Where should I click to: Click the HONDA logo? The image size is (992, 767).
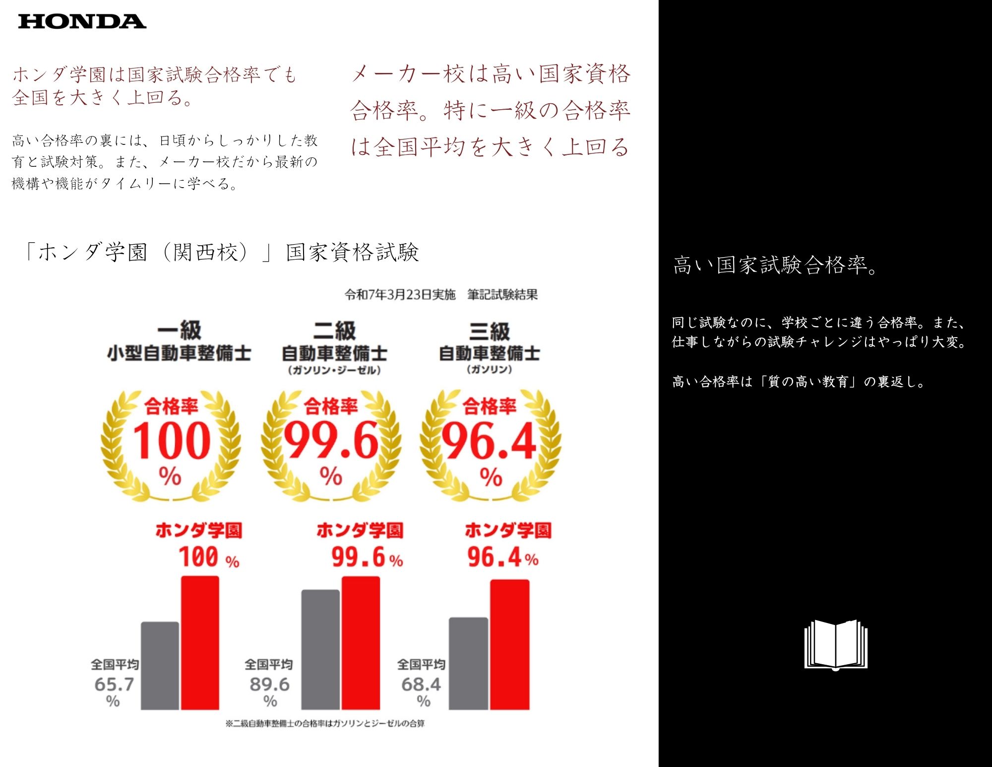click(82, 21)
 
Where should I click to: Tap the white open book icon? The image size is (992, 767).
click(836, 644)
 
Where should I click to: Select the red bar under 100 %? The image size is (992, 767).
click(200, 643)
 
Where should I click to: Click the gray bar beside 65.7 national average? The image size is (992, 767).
click(160, 665)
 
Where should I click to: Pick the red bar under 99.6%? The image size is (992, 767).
click(361, 643)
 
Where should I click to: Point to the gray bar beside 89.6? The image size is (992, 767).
click(320, 649)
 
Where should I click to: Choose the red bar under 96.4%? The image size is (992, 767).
click(509, 644)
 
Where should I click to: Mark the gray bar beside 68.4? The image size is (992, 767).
click(468, 663)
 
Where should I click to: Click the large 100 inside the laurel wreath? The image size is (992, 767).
click(172, 440)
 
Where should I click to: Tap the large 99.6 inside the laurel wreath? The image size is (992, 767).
click(331, 440)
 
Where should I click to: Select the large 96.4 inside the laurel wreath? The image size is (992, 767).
click(489, 440)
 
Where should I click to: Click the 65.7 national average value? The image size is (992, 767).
click(114, 685)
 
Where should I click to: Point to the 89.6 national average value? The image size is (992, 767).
click(269, 685)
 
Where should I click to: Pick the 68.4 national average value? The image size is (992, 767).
click(421, 685)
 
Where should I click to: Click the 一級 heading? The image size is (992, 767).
click(179, 330)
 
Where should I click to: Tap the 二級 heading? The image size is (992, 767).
click(335, 330)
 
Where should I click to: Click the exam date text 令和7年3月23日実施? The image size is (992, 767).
click(400, 295)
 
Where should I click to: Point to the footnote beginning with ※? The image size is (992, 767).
click(325, 723)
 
